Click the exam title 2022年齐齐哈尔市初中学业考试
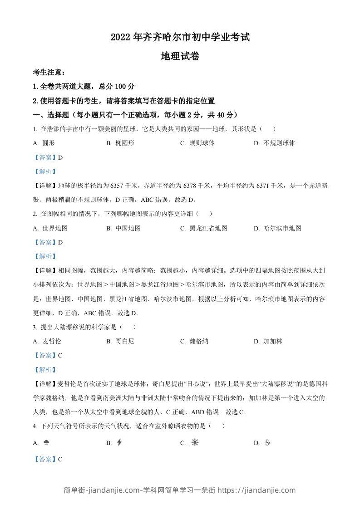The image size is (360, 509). point(180,38)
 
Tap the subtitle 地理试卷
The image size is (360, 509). point(180,56)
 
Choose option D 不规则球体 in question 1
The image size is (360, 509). point(279,143)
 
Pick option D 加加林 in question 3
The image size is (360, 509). point(273,341)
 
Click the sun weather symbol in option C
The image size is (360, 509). point(195,443)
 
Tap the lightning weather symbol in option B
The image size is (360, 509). point(119,443)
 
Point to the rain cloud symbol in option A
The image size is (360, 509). point(46,443)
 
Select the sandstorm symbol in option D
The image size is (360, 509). point(267,443)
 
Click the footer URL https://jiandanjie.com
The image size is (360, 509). point(256,490)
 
